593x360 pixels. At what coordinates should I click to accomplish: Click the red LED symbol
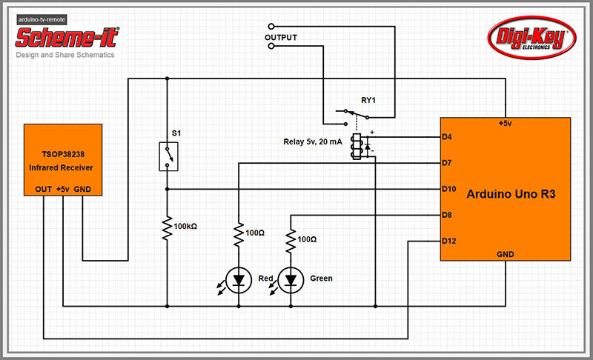[239, 279]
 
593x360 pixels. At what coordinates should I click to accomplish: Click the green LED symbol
[290, 279]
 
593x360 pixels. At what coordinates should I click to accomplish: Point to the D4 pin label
[447, 137]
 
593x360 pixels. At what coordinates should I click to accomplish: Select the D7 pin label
[447, 163]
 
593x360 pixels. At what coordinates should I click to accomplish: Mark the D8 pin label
[447, 215]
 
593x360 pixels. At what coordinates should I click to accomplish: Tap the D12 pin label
[448, 241]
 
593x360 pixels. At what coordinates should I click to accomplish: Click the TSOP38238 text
[63, 156]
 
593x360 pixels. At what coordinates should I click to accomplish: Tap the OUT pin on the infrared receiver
[43, 189]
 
